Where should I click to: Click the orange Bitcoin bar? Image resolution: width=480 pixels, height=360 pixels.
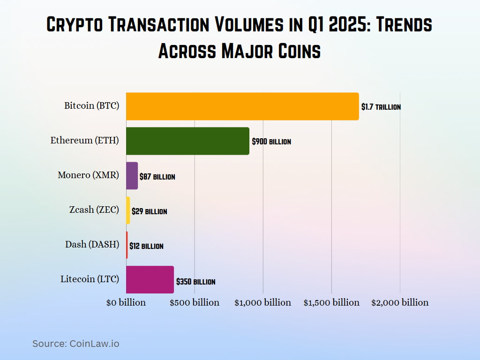tap(242, 106)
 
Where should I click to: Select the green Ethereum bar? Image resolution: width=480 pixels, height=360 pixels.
tap(187, 141)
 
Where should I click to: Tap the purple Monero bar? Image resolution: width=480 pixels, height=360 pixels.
tap(132, 176)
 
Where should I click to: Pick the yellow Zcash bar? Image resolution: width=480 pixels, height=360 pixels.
tap(128, 210)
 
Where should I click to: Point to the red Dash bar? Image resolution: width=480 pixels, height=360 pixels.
tap(127, 245)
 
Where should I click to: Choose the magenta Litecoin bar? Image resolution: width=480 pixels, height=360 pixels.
tap(150, 280)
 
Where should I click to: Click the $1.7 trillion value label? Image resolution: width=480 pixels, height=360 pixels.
tap(381, 107)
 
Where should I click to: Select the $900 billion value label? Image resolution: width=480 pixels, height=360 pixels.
tap(271, 142)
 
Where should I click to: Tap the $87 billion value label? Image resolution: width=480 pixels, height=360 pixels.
tap(157, 177)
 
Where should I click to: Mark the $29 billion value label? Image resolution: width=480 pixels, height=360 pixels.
tap(149, 211)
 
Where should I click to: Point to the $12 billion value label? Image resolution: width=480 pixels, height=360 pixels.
tap(146, 246)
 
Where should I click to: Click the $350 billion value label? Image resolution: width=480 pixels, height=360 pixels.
tap(195, 282)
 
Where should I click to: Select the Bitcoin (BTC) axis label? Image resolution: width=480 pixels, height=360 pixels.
tap(92, 105)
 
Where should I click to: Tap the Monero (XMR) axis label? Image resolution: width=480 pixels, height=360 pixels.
tap(88, 175)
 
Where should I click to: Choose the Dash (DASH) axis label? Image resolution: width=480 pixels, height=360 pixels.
tap(92, 244)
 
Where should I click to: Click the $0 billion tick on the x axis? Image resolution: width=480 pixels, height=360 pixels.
tap(126, 302)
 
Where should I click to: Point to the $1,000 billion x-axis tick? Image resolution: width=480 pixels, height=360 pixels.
tap(262, 302)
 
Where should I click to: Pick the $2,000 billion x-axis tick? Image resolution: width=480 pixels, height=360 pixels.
tap(400, 302)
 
